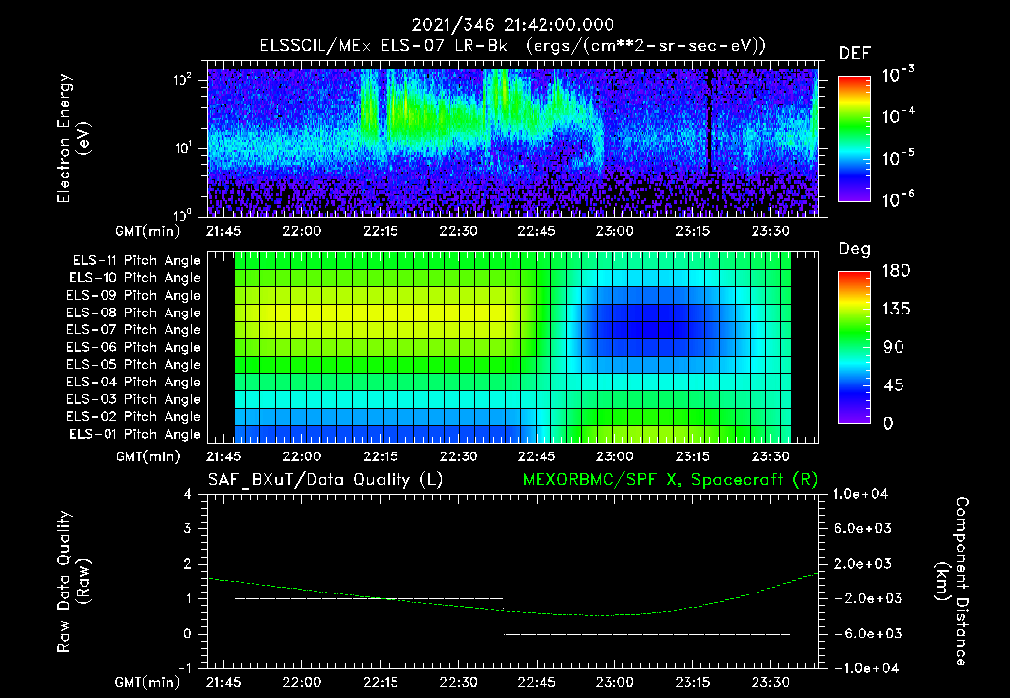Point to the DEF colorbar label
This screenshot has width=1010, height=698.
tap(853, 53)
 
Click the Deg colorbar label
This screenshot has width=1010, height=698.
tap(853, 249)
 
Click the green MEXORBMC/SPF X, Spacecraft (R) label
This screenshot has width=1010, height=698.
tap(661, 480)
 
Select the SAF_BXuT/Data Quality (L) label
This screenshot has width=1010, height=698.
tap(325, 480)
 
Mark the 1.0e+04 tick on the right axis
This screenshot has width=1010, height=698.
tap(864, 494)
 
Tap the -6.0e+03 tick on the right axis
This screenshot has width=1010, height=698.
tap(864, 634)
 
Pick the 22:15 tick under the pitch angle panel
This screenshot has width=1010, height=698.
tap(381, 457)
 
